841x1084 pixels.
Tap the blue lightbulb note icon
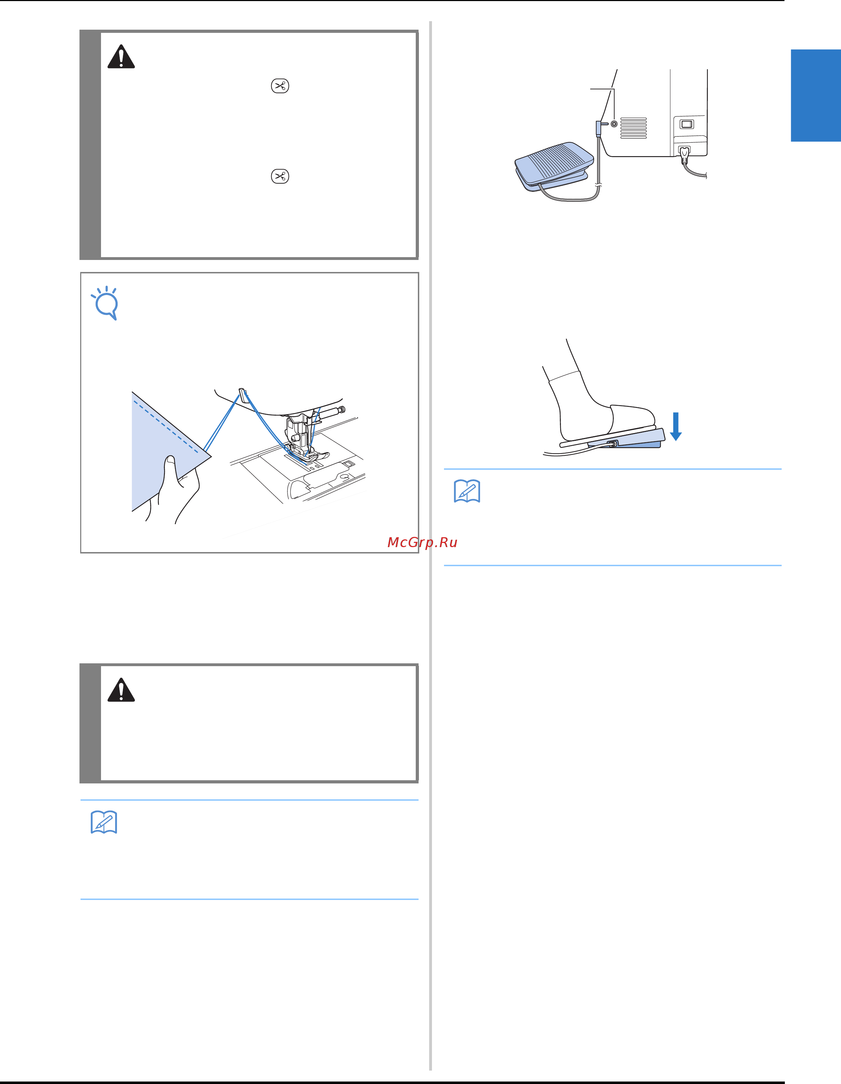[x=105, y=303]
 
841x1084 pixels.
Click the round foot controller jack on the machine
[x=614, y=124]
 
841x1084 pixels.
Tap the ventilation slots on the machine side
[x=633, y=128]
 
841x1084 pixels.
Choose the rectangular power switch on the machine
[x=687, y=124]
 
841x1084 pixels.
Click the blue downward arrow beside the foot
[x=676, y=426]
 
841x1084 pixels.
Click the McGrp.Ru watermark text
[x=422, y=543]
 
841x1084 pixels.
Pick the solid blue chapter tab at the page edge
[x=816, y=95]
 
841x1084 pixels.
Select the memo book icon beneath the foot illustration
[x=467, y=491]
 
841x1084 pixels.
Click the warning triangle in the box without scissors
[x=121, y=689]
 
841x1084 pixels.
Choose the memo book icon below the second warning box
[x=104, y=822]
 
